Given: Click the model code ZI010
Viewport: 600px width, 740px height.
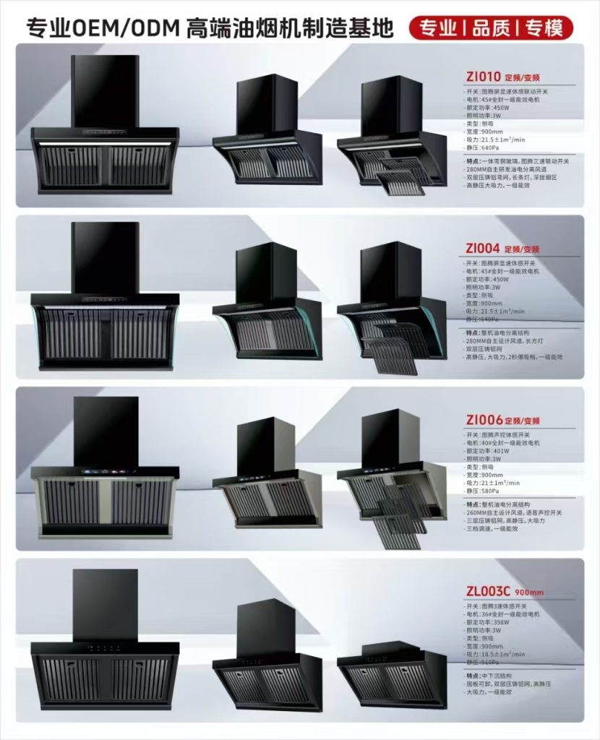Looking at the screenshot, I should pyautogui.click(x=481, y=74).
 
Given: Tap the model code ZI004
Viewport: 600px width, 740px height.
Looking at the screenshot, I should pyautogui.click(x=482, y=248).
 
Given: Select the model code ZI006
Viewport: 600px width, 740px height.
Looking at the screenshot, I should pyautogui.click(x=483, y=420).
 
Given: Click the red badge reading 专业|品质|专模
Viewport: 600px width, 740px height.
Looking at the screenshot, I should pyautogui.click(x=491, y=28).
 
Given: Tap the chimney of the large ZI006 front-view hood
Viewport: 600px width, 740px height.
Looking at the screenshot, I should pyautogui.click(x=106, y=431).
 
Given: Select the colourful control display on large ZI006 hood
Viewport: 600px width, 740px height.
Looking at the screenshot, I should pyautogui.click(x=105, y=473).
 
